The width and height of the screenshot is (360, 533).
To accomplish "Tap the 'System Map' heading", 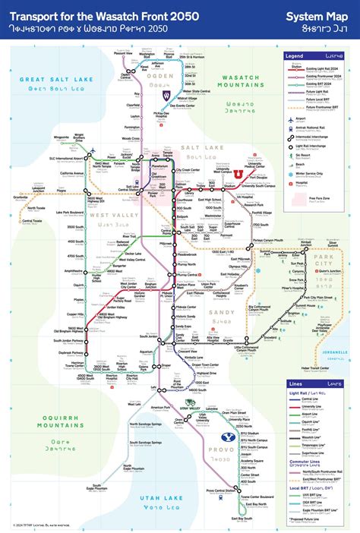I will [x=317, y=15].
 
